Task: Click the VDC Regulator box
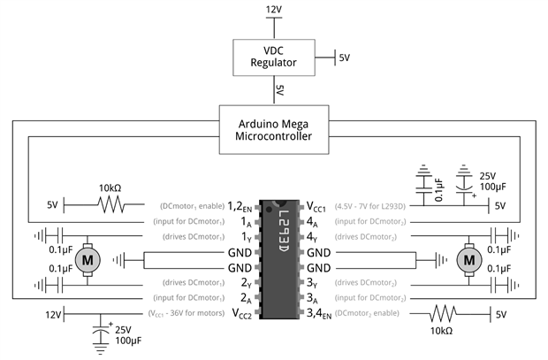click(x=274, y=57)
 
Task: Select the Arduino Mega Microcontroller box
click(x=274, y=130)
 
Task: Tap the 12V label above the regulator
click(x=274, y=10)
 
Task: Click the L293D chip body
click(x=279, y=259)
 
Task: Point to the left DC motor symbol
click(x=88, y=260)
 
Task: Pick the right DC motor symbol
click(x=469, y=260)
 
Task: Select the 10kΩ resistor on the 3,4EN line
click(x=443, y=314)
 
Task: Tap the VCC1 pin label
click(x=316, y=206)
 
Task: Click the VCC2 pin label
click(x=242, y=313)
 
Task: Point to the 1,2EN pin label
click(x=240, y=206)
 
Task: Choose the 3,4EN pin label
click(x=319, y=313)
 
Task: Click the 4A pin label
click(x=312, y=222)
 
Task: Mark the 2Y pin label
click(x=246, y=283)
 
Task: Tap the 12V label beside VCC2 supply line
click(x=53, y=315)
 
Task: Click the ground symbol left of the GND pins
click(x=118, y=260)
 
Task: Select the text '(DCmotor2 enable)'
click(x=367, y=313)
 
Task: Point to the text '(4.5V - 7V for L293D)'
click(x=370, y=206)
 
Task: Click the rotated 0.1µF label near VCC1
click(x=439, y=190)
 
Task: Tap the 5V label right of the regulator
click(x=344, y=57)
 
